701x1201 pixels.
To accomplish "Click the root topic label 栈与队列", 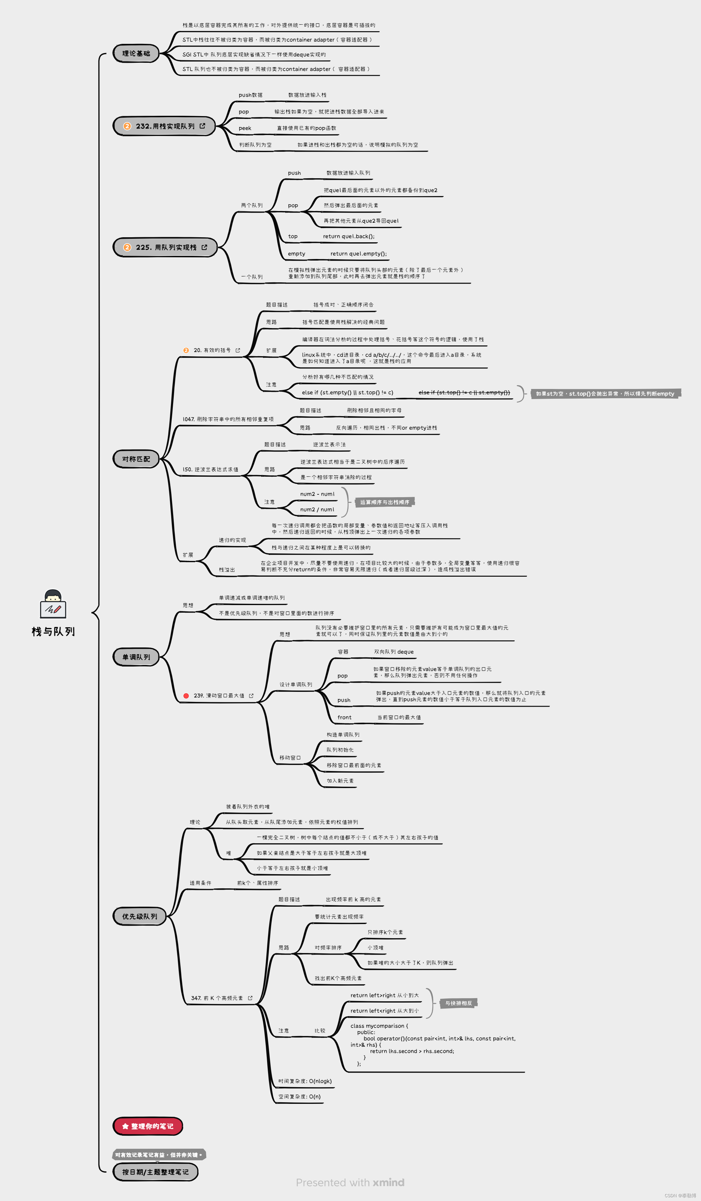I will (53, 632).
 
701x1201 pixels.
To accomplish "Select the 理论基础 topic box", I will (136, 53).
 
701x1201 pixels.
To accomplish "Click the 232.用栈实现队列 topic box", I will (164, 126).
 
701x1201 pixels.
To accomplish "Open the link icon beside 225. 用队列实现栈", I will (204, 247).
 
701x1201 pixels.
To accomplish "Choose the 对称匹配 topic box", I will (136, 459).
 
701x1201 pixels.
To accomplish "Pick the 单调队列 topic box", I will (136, 657).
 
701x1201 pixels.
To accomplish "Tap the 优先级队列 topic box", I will (139, 916).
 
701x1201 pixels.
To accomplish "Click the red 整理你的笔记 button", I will (148, 1126).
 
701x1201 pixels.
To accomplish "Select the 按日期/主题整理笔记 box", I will (155, 1172).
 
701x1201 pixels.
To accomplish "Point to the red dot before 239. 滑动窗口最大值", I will (186, 696).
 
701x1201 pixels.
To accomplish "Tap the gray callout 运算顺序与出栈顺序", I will (385, 502).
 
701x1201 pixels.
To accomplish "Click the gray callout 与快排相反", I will (459, 1003).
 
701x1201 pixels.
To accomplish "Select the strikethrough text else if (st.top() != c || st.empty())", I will (464, 393).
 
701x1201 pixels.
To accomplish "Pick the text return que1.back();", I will (348, 236).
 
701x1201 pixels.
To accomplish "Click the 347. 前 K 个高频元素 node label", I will (217, 998).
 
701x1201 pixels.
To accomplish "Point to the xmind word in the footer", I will (388, 1183).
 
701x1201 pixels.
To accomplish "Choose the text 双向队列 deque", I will (394, 652).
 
